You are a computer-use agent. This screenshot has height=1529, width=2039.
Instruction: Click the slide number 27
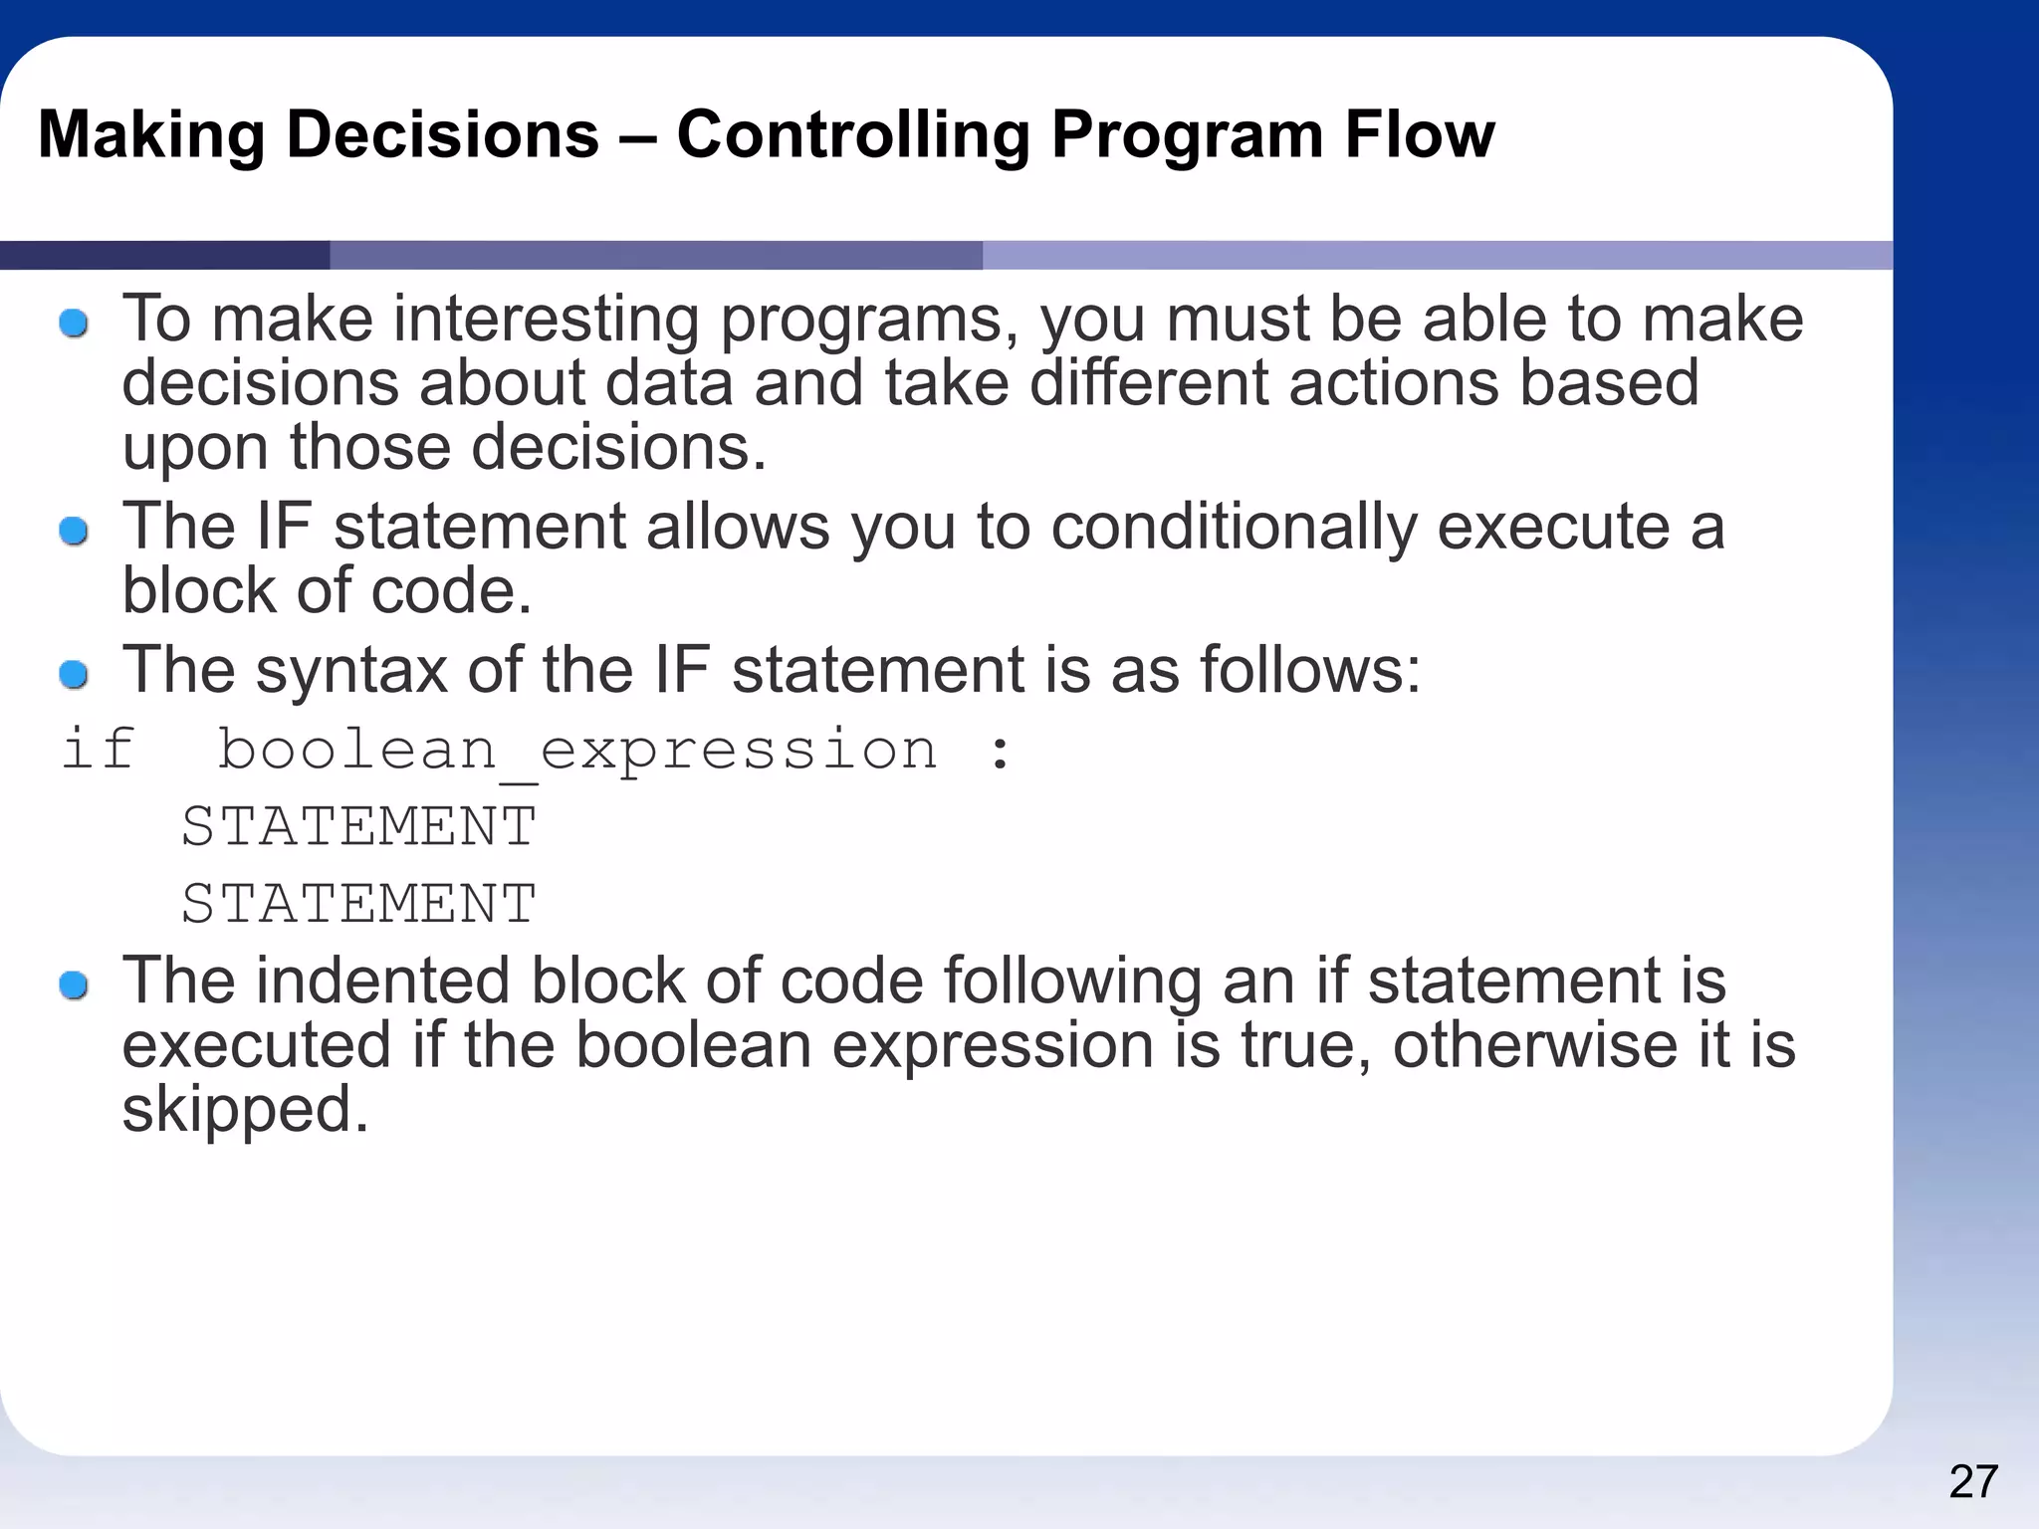(1972, 1482)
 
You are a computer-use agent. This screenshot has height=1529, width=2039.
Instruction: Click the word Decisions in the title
(442, 134)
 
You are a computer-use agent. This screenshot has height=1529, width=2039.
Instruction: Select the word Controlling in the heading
(852, 136)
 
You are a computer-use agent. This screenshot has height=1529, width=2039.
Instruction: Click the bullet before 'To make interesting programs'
(74, 324)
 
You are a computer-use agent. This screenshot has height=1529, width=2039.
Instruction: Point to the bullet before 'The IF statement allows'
(74, 531)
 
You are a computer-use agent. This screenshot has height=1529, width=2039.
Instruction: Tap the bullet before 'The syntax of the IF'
(74, 674)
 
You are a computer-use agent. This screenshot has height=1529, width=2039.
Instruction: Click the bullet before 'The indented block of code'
(74, 985)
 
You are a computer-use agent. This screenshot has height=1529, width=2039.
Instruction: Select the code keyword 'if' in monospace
(98, 749)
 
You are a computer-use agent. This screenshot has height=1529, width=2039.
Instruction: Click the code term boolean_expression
(576, 751)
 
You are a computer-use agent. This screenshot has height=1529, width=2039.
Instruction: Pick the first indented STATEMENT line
(358, 826)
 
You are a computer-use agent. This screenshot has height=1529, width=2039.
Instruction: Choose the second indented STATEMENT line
(358, 904)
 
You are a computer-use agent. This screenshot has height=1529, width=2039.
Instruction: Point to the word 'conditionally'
(1234, 528)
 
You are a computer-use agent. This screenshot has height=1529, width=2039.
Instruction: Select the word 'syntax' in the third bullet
(351, 672)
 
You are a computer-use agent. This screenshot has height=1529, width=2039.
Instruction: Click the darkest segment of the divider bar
(164, 255)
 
